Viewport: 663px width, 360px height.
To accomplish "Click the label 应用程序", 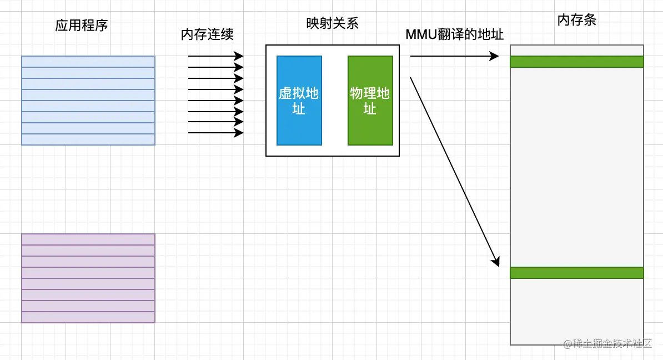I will (81, 26).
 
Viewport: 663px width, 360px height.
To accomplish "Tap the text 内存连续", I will (207, 34).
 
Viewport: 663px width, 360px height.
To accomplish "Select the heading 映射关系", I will (332, 23).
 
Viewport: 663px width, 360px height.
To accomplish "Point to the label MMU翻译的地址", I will (454, 34).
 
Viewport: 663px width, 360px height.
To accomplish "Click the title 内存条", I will (576, 21).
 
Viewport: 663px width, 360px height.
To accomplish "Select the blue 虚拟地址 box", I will (299, 101).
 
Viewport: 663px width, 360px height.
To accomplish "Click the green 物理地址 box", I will (370, 101).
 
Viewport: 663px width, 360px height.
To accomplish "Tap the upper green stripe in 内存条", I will (576, 62).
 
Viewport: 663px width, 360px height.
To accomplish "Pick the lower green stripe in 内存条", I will (576, 273).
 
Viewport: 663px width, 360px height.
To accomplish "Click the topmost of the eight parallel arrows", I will (215, 56).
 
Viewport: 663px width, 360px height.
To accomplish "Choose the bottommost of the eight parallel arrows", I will (215, 133).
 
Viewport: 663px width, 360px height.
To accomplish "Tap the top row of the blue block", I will (88, 62).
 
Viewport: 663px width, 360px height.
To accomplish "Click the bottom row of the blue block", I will (88, 139).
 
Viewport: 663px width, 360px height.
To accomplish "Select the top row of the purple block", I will (88, 239).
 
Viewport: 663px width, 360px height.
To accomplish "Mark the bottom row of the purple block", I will (88, 317).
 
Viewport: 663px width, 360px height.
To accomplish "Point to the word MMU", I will (418, 34).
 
